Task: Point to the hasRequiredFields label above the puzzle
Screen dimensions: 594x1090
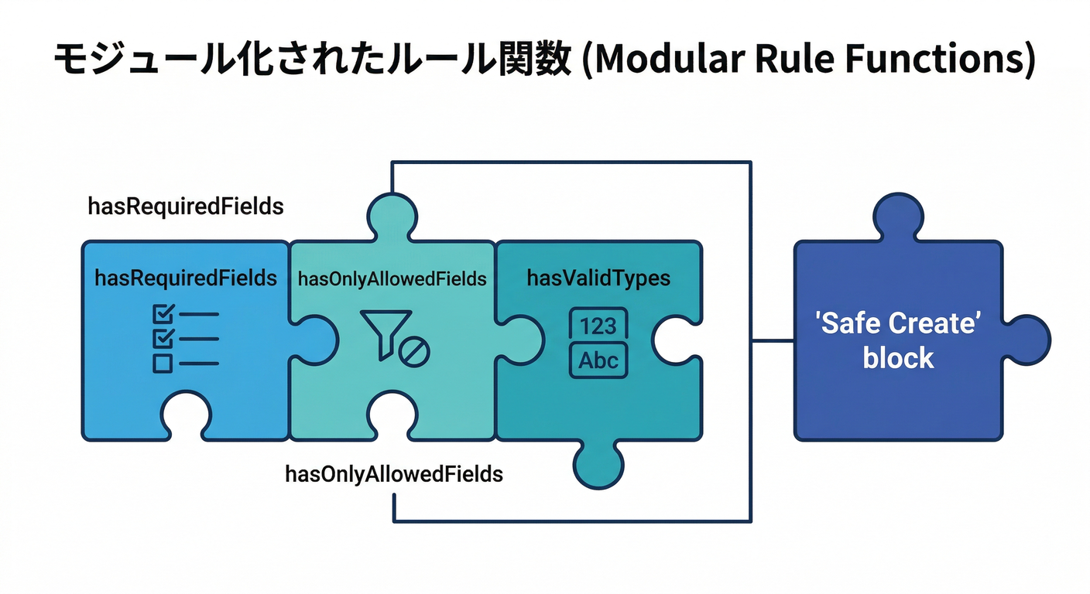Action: (x=185, y=207)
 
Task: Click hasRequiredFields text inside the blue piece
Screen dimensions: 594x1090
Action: (x=185, y=278)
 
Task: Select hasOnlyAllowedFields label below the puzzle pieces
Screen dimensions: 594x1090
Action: (x=394, y=473)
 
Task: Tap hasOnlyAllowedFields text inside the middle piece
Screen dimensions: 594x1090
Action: (x=392, y=279)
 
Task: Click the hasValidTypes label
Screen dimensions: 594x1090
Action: (x=598, y=278)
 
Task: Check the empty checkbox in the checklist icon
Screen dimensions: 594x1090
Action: (x=163, y=363)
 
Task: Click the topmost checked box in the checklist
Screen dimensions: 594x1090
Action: (x=163, y=313)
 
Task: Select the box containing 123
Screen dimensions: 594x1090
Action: (x=598, y=325)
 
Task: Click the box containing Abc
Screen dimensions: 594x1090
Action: (x=598, y=361)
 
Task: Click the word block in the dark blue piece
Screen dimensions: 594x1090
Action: (x=898, y=358)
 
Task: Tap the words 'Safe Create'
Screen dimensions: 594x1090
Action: (x=898, y=323)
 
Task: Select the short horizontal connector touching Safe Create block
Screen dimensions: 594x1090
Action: (x=773, y=340)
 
